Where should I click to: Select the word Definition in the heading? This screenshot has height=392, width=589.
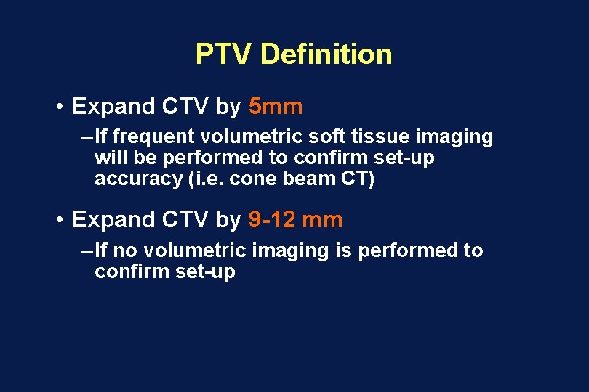[326, 54]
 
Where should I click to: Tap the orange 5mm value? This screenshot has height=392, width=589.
[276, 107]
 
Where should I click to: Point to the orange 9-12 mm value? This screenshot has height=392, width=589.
[295, 220]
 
